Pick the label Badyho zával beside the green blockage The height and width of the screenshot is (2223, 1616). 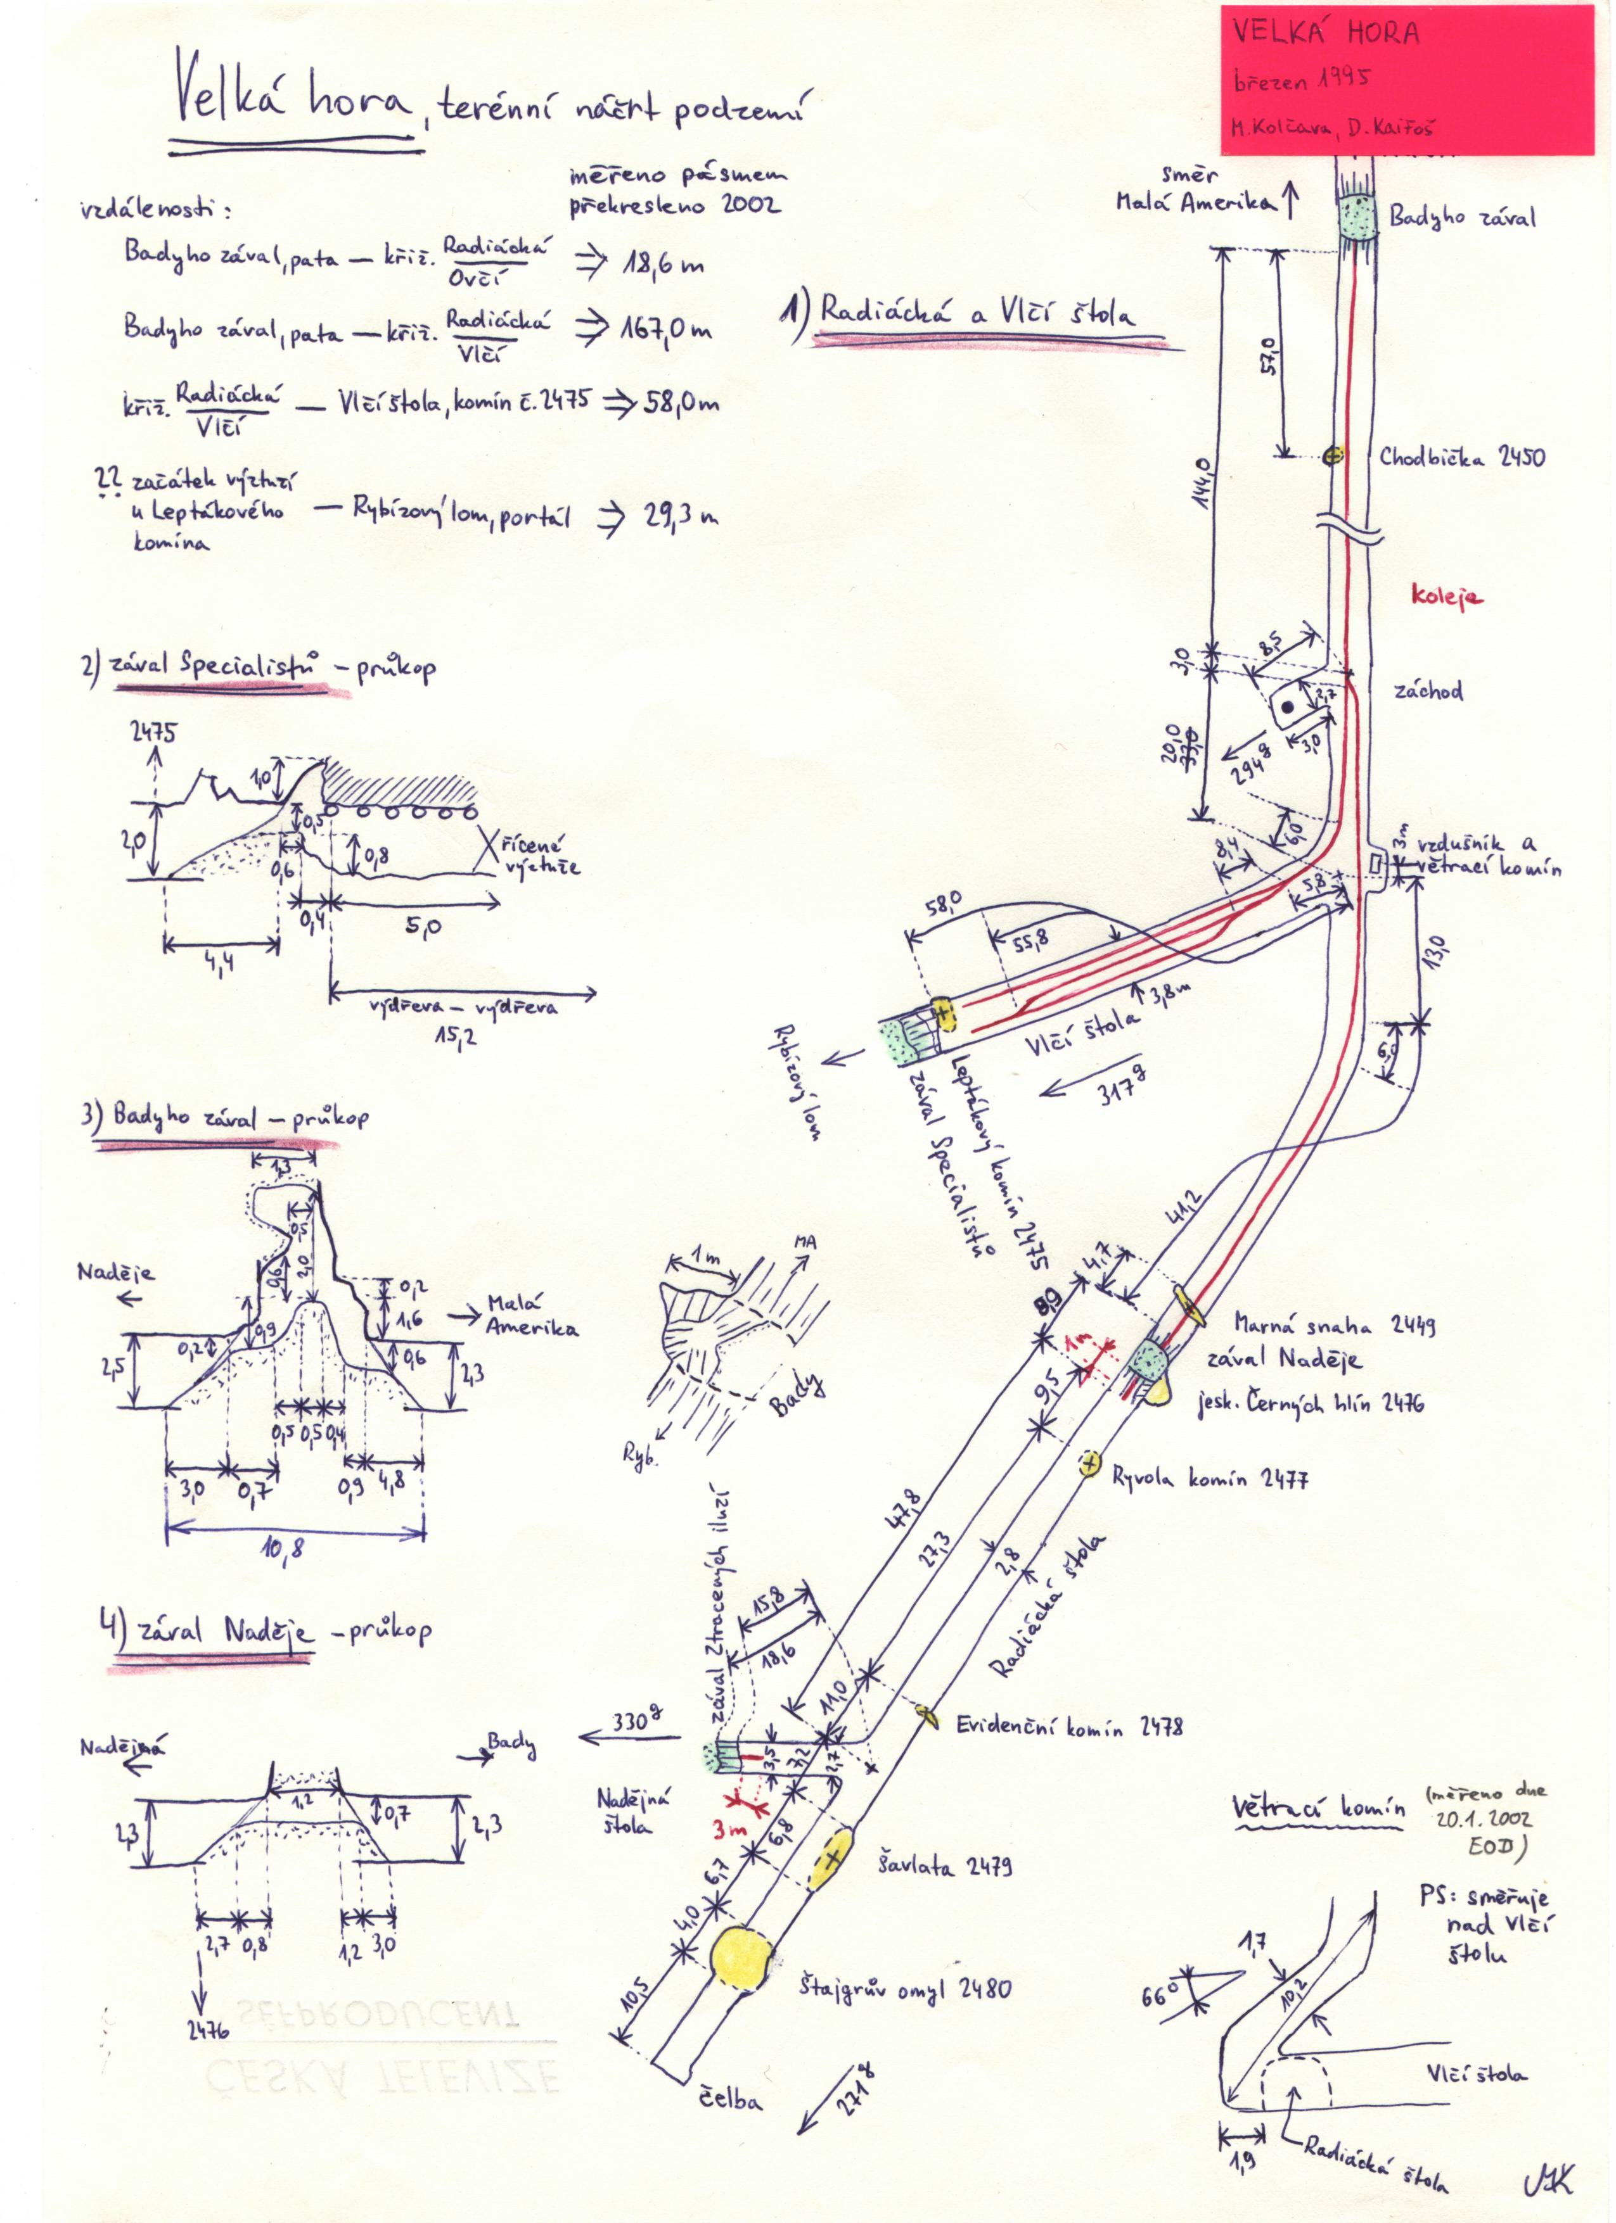1462,217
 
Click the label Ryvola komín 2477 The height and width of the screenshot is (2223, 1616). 1208,1479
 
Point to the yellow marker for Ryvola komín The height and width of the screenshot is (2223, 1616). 1089,1466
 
